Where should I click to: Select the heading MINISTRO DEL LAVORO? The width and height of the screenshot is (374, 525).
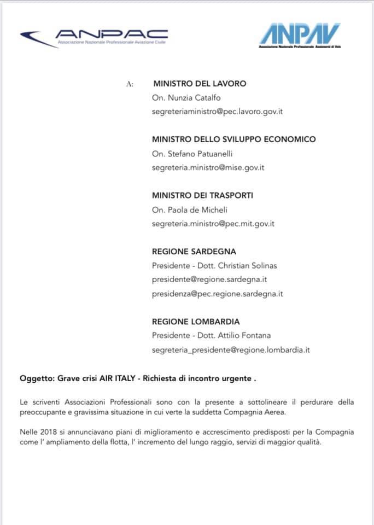coord(199,84)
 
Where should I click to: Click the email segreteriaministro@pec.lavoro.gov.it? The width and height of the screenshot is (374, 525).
coord(217,111)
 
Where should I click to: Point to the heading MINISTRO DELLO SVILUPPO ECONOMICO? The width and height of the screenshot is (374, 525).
coord(233,139)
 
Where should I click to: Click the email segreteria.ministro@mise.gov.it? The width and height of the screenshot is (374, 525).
coord(208,167)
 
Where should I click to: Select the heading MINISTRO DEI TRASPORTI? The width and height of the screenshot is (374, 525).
coord(202,195)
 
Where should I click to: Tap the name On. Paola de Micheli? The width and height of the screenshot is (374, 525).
coord(189,209)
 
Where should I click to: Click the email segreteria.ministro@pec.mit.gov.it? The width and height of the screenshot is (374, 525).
coord(213,223)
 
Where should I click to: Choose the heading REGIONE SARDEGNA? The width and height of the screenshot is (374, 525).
coord(194,252)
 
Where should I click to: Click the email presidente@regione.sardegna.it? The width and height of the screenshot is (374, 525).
coord(209,279)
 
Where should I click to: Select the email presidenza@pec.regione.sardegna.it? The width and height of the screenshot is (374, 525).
coord(217,294)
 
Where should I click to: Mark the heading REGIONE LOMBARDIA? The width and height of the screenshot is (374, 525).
coord(195,322)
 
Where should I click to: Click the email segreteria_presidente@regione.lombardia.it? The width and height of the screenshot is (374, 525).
coord(231,349)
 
